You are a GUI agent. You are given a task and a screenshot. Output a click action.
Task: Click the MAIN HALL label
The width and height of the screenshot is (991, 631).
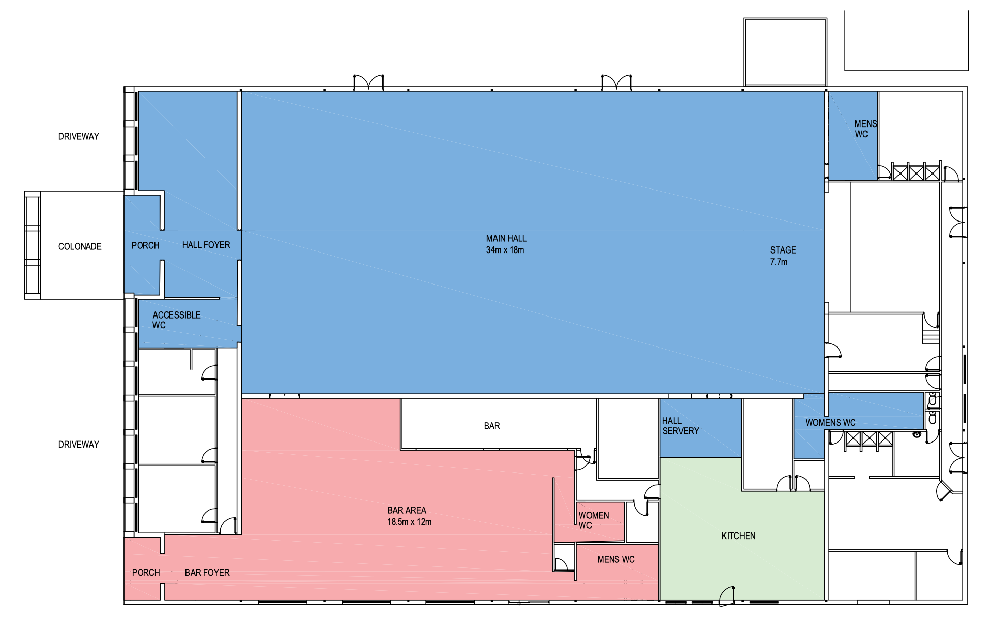[x=506, y=238]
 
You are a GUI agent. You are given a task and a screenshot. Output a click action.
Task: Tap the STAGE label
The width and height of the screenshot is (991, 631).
[x=783, y=250]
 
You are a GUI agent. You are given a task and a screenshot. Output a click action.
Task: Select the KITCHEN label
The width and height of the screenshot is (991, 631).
[x=738, y=535]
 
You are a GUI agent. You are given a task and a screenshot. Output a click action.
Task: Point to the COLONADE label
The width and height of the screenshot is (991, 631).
[x=80, y=246]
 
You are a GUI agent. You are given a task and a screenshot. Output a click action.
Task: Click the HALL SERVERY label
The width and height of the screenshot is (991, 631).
[x=680, y=426]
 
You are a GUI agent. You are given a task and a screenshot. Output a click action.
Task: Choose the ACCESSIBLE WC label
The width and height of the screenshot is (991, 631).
[x=176, y=320]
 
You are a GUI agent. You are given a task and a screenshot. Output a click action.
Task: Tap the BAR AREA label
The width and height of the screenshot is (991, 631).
[x=407, y=510]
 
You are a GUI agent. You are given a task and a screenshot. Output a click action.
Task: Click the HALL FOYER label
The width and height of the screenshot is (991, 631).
[x=206, y=245]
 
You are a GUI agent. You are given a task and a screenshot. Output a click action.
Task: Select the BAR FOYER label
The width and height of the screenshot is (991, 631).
[x=207, y=573]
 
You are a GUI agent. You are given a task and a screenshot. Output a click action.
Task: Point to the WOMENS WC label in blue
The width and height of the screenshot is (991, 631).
[x=830, y=422]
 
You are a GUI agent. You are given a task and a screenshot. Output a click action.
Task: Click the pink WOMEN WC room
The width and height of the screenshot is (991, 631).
[x=600, y=522]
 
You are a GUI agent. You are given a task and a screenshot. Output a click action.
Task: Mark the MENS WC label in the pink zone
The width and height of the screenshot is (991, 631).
[x=616, y=559]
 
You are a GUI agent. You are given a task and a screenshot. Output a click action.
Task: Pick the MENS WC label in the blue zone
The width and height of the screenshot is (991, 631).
[x=865, y=129]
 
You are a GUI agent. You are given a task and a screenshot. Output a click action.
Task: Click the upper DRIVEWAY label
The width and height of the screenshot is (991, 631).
[x=78, y=136]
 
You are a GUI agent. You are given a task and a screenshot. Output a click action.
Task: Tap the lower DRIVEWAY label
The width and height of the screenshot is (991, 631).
[x=78, y=445]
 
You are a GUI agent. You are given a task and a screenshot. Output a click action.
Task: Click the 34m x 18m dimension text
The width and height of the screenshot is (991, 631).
[x=505, y=250]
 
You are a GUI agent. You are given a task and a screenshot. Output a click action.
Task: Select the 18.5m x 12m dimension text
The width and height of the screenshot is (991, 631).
[x=410, y=522]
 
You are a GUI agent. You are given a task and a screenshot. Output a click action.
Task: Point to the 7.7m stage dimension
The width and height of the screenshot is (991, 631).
[x=779, y=262]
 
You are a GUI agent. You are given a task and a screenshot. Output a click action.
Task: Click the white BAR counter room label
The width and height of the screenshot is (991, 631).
[x=492, y=426]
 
